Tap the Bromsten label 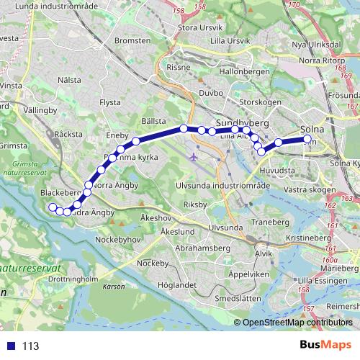[x=132, y=40]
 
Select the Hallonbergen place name [x=242, y=72]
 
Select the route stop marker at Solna [x=307, y=139]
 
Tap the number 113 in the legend [x=31, y=346]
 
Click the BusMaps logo [x=325, y=345]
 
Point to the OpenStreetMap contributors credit [x=298, y=323]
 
